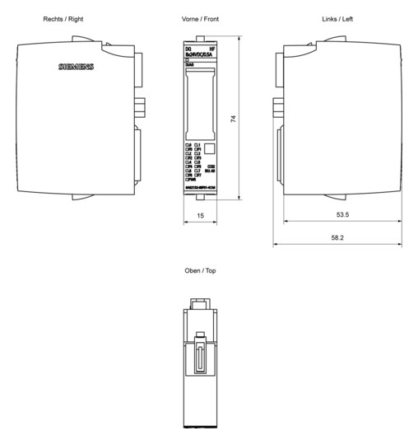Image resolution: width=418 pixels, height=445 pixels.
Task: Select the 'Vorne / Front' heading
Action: (200, 18)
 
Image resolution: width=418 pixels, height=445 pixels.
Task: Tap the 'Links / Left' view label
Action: (338, 18)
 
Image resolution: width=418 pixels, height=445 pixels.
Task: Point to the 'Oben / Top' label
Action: (201, 269)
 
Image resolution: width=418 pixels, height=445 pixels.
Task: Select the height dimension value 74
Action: (233, 119)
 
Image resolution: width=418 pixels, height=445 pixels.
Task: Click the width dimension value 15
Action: (200, 216)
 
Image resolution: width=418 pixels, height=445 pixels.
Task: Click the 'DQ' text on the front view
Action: (188, 50)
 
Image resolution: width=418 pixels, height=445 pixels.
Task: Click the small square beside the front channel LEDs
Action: (209, 149)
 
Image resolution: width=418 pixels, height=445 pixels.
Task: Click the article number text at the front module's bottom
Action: (200, 189)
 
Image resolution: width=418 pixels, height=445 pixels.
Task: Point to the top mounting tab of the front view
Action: (200, 39)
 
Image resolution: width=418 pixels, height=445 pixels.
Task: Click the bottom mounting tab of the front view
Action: (200, 197)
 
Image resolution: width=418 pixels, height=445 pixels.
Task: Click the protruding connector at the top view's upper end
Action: (200, 304)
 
